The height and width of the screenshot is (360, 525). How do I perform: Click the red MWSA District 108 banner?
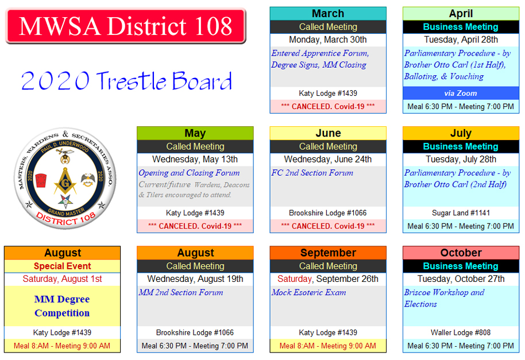[x=126, y=26]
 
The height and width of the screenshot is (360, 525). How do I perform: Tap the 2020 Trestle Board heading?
[x=126, y=80]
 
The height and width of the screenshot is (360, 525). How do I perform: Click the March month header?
[x=328, y=13]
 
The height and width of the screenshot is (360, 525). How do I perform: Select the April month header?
[x=461, y=13]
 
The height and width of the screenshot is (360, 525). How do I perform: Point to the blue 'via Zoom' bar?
[x=461, y=94]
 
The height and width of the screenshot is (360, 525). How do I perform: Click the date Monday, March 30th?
[x=328, y=40]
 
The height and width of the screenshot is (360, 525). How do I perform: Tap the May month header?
[x=195, y=133]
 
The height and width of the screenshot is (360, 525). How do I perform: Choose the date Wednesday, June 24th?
[x=328, y=159]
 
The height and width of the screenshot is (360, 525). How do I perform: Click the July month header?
[x=461, y=133]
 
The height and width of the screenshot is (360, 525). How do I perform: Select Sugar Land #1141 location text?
[x=461, y=213]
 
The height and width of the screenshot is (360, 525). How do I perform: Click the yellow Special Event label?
[x=62, y=266]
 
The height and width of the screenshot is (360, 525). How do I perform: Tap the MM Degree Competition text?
[x=62, y=306]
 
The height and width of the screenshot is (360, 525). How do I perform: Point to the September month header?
[x=328, y=253]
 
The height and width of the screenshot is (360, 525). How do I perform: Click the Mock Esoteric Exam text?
[x=308, y=292]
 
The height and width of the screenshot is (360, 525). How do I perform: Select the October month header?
[x=461, y=253]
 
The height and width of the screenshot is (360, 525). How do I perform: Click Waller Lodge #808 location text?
[x=461, y=332]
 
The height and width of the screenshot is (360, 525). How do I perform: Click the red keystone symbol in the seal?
[x=41, y=180]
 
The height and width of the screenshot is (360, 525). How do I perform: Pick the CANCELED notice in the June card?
[x=328, y=226]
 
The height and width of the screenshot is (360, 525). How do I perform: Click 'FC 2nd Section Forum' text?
[x=312, y=173]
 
